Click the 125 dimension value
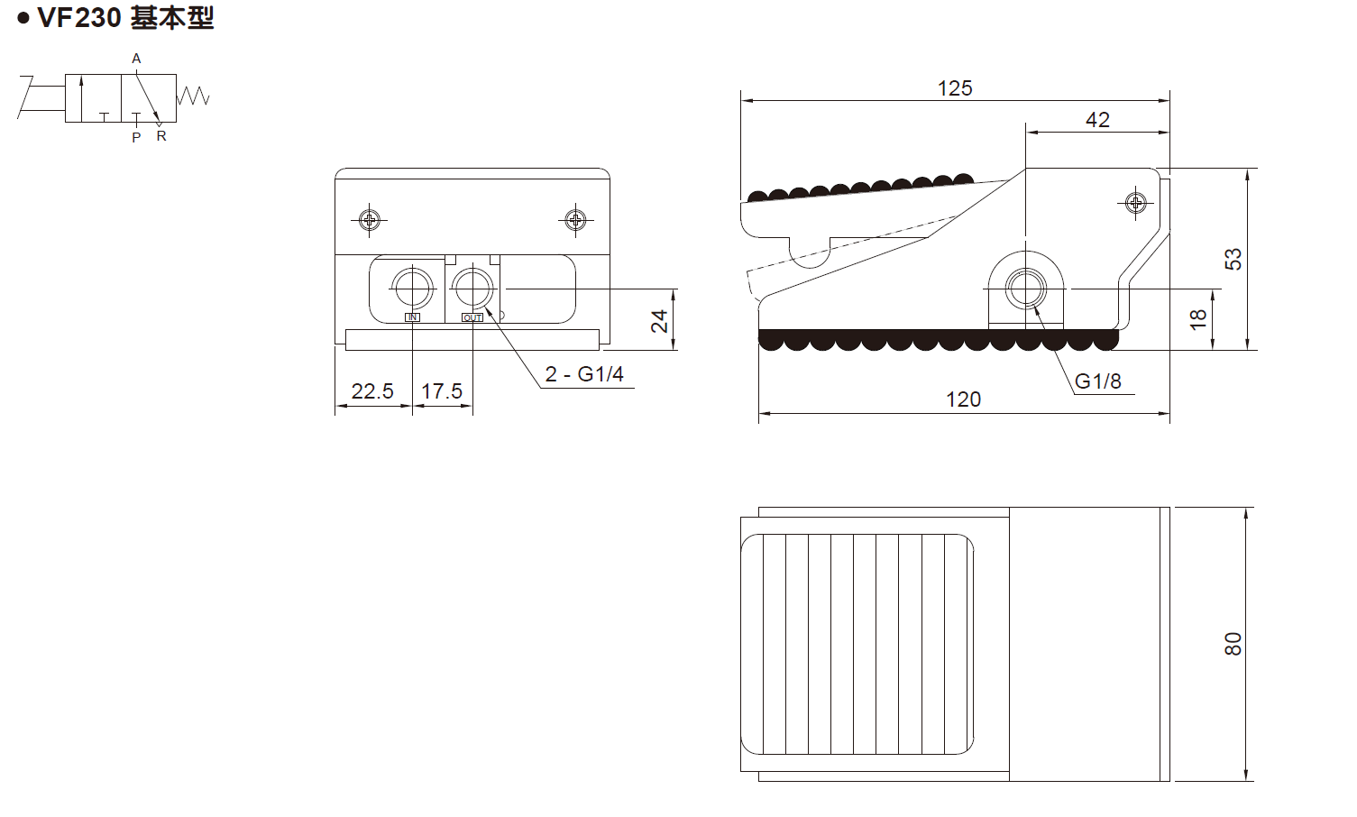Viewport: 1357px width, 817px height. tap(954, 88)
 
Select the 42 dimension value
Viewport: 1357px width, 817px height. tap(1097, 120)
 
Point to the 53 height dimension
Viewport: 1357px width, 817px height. tap(1233, 259)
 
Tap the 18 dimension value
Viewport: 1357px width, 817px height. tap(1197, 318)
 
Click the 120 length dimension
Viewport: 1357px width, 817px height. tap(963, 399)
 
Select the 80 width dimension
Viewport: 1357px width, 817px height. tap(1233, 644)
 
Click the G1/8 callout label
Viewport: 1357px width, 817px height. tap(1097, 381)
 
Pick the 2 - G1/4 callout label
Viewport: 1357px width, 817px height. tap(584, 374)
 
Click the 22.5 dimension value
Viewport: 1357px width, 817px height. tap(372, 391)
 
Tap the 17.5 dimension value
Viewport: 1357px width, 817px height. tap(442, 391)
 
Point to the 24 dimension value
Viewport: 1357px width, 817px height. tap(660, 320)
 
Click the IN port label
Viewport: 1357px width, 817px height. tap(412, 317)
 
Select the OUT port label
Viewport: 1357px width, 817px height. tap(472, 317)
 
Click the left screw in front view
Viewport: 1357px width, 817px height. tap(370, 219)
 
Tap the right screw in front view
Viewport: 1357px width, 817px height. tap(575, 219)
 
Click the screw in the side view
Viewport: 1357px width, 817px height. tap(1135, 203)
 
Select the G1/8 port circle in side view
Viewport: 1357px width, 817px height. tap(1026, 289)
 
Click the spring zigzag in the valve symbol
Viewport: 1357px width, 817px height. tap(193, 96)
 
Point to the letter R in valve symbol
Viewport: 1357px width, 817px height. tap(161, 136)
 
